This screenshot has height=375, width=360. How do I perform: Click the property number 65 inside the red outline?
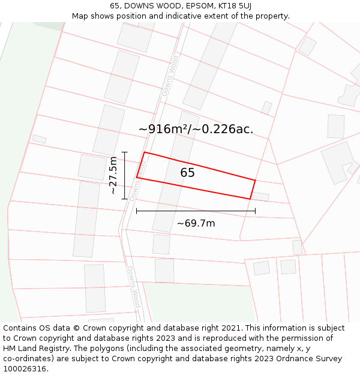pyautogui.click(x=188, y=173)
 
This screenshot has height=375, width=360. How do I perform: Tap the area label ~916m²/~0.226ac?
pyautogui.click(x=196, y=129)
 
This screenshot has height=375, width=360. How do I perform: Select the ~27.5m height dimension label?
pyautogui.click(x=113, y=175)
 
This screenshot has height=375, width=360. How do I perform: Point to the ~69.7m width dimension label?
pyautogui.click(x=196, y=224)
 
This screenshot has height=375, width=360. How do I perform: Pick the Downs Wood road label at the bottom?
pyautogui.click(x=133, y=287)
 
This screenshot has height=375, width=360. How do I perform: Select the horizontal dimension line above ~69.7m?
pyautogui.click(x=196, y=211)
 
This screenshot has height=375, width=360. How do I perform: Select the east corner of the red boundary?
pyautogui.click(x=255, y=180)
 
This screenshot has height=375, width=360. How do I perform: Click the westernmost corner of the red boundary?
pyautogui.click(x=137, y=178)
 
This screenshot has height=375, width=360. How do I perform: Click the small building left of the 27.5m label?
pyautogui.click(x=92, y=167)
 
